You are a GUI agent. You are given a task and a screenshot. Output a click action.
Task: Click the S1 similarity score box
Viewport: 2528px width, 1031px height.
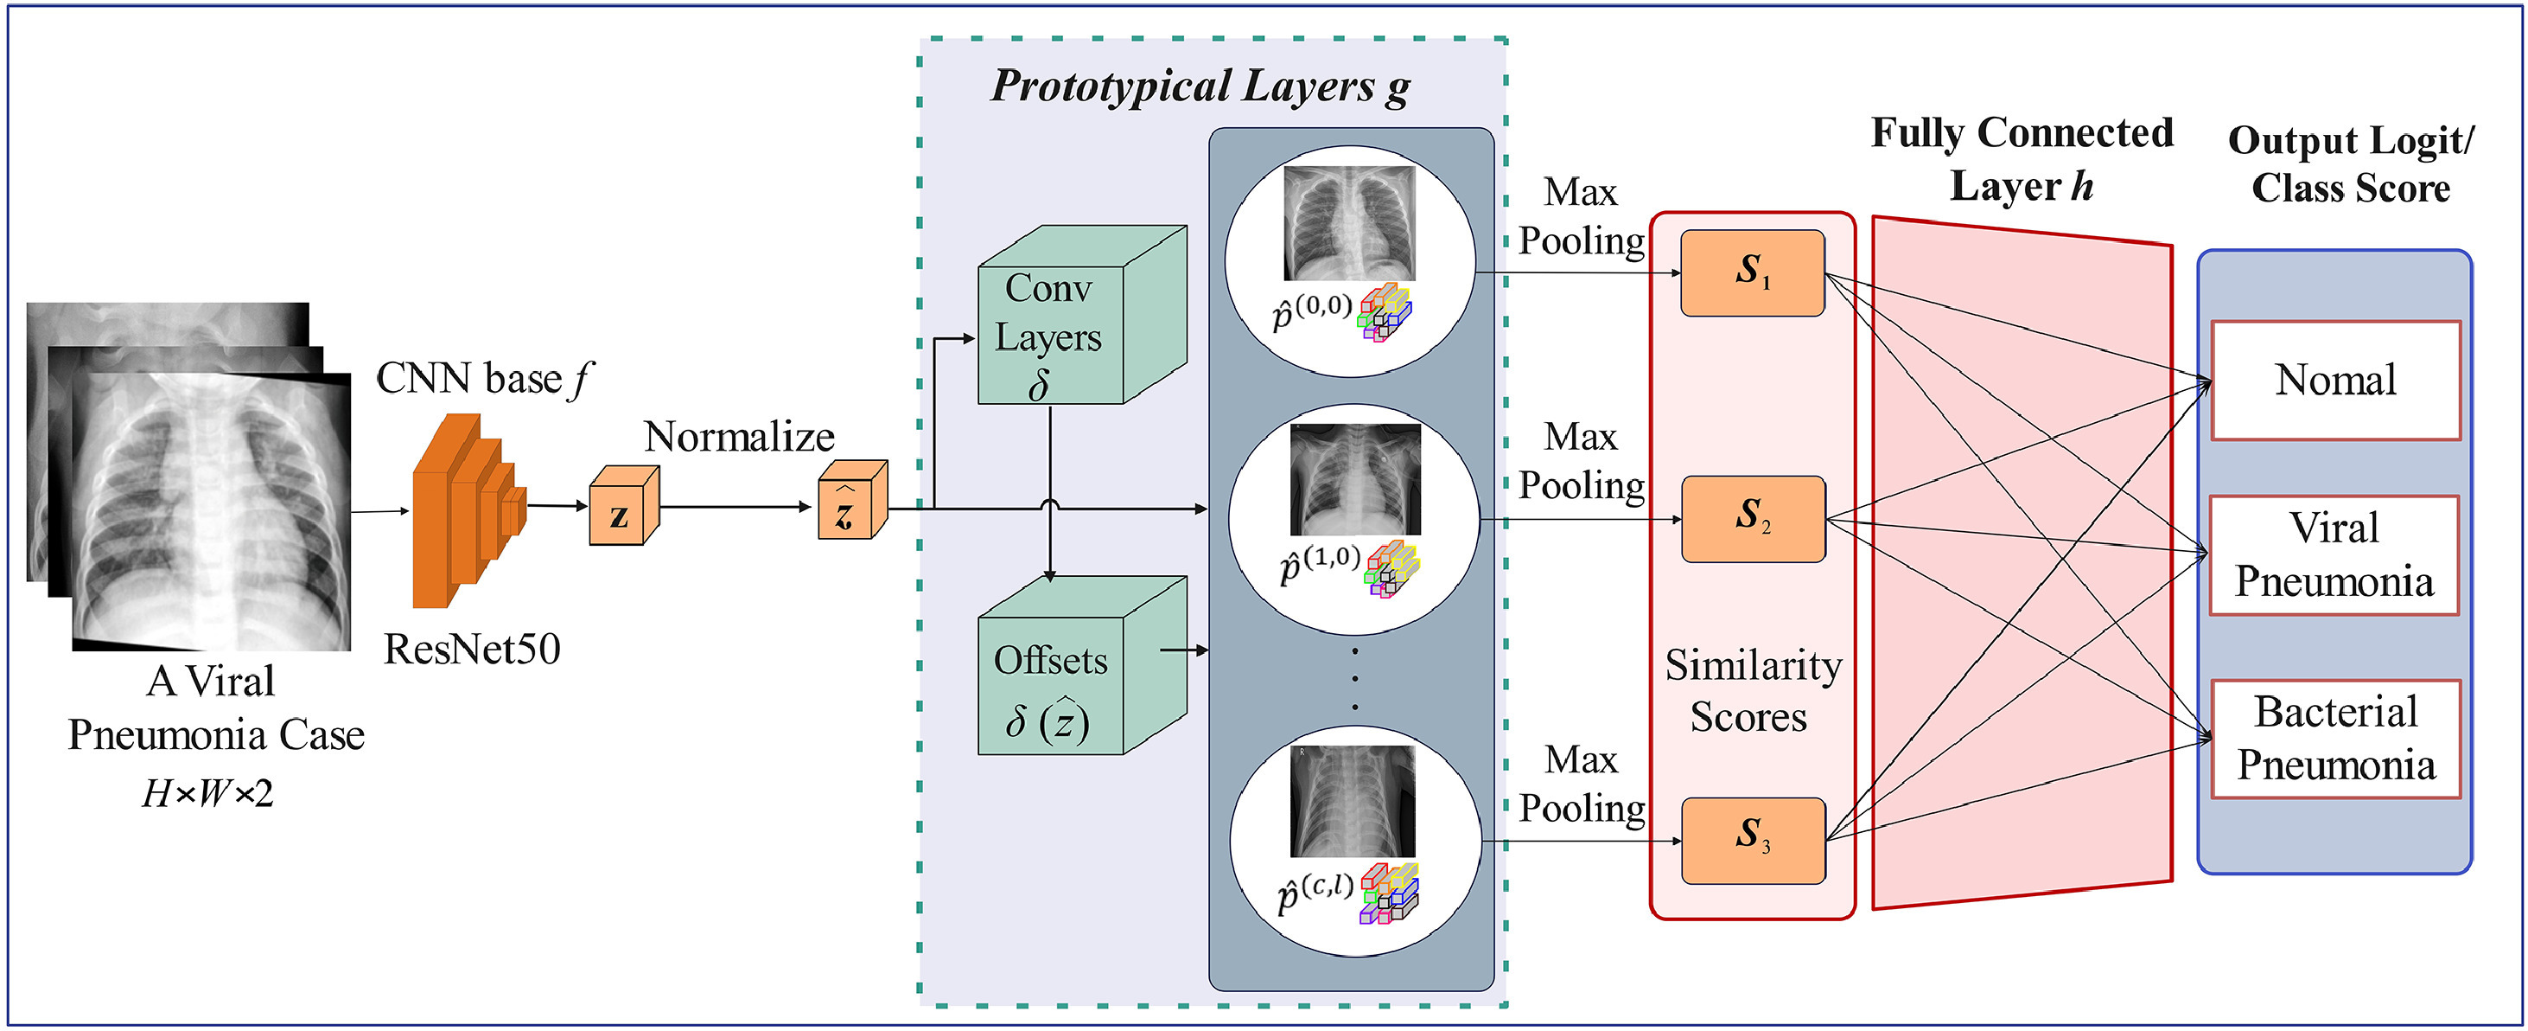[1752, 273]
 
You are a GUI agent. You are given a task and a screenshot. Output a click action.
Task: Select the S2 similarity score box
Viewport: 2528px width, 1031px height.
[1753, 518]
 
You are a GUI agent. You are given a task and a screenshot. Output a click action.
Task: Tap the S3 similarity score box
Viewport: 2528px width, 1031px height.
[1753, 840]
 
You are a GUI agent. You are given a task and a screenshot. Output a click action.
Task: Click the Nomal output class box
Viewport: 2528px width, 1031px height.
[2335, 380]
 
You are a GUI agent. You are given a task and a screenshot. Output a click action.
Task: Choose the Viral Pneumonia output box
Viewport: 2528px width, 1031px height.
[2334, 554]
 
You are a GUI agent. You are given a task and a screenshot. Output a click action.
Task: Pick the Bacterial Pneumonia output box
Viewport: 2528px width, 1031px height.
[2335, 739]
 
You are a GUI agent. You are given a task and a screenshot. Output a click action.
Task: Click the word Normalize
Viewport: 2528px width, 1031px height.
[739, 437]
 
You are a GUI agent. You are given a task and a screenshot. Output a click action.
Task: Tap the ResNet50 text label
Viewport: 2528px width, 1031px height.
[472, 649]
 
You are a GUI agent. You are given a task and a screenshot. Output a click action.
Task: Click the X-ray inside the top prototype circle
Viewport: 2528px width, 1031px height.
[1349, 223]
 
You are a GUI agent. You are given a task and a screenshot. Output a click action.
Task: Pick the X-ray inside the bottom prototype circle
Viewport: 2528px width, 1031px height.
[1353, 800]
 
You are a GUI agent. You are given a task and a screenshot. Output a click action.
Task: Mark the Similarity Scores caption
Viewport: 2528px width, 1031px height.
[1753, 691]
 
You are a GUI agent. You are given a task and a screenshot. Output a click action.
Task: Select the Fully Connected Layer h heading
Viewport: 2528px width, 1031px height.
[2022, 159]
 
